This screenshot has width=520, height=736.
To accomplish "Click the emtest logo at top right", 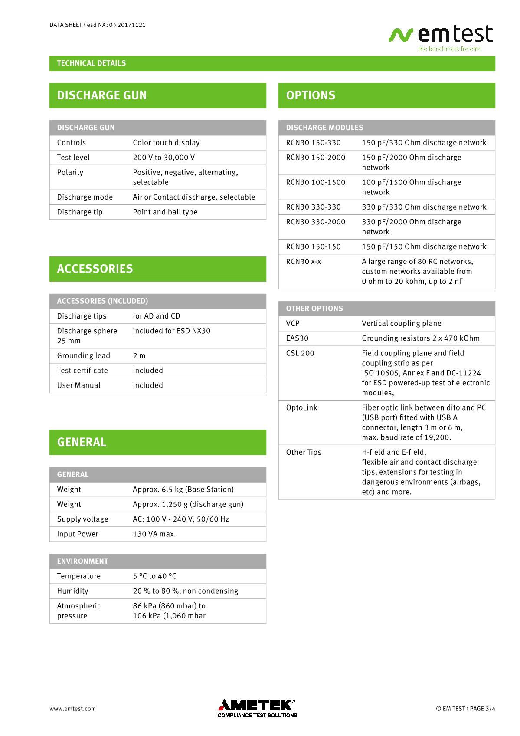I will [441, 38].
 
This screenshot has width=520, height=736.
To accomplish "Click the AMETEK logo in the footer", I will [257, 708].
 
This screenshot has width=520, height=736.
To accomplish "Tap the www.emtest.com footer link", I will [72, 709].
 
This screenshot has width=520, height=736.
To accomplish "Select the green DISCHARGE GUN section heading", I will [102, 95].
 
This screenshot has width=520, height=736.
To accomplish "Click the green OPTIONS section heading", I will [311, 95].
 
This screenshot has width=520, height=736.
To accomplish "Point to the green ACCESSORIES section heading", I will [95, 269].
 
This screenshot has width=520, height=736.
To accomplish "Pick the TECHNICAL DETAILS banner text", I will [92, 63].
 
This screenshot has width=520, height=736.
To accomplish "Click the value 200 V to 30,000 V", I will [164, 158].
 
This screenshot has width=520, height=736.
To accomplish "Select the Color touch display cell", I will [166, 143].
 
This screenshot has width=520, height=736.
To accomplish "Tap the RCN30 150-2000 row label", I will [315, 158].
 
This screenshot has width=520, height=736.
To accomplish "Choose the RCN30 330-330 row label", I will [313, 207].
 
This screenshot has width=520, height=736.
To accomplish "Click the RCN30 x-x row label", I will [303, 262].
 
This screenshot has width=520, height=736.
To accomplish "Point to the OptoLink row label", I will [301, 408].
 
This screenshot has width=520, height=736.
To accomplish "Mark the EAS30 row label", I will [297, 338].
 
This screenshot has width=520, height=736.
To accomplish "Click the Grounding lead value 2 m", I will [139, 356].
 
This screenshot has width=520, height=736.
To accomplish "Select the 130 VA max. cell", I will [154, 534].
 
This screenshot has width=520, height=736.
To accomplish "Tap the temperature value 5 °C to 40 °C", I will [154, 576].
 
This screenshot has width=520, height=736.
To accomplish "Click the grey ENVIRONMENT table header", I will [82, 561].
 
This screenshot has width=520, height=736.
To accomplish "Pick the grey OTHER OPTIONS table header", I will [314, 309].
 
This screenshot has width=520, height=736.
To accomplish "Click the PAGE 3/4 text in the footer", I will [482, 709].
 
